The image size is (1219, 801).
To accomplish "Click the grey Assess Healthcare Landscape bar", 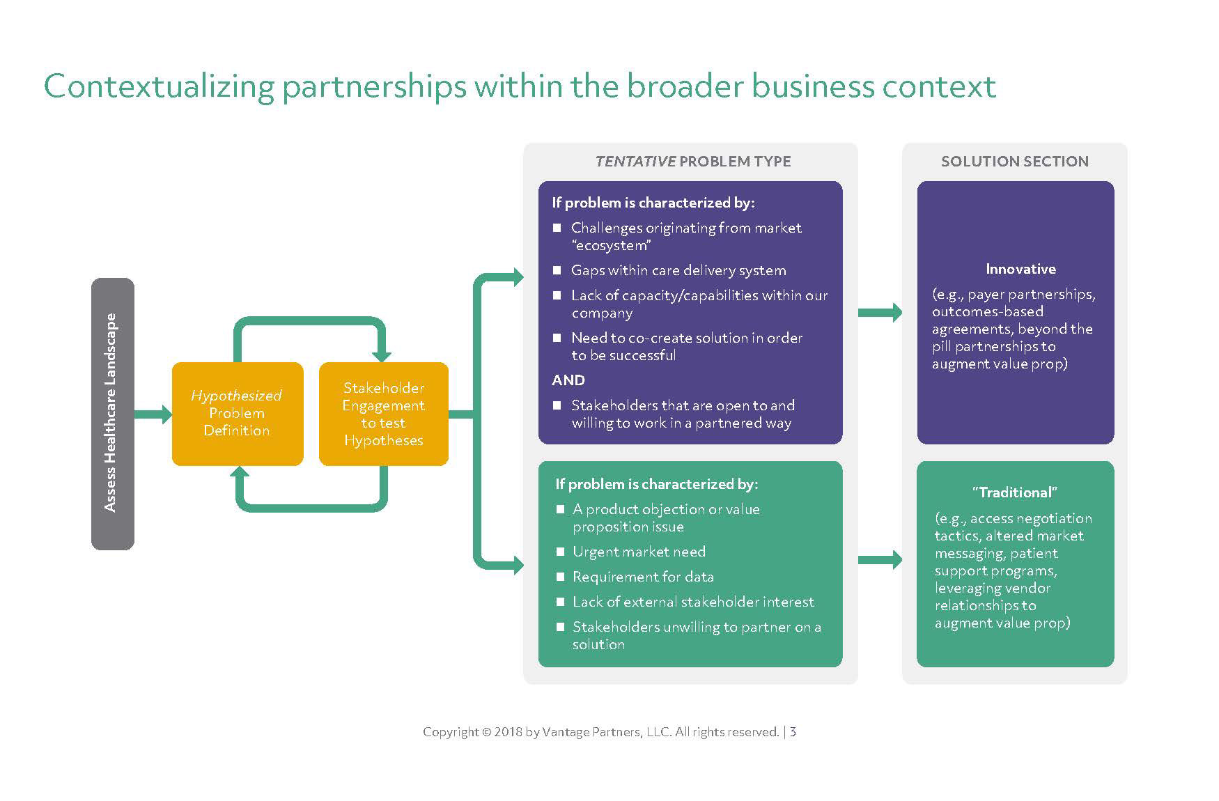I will coord(112,414).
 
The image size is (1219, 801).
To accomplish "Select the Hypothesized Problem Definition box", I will coord(237,413).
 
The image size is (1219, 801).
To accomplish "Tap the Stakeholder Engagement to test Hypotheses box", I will coord(383,414).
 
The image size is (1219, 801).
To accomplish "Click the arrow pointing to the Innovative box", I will coord(880,313).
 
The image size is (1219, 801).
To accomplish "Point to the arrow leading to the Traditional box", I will coord(880,559).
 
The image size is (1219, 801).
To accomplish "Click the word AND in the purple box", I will coord(568,380).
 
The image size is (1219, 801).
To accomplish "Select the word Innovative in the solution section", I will coord(1020,269).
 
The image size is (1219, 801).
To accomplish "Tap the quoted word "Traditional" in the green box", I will coord(1015,492).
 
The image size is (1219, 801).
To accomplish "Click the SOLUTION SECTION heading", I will coord(1014,162).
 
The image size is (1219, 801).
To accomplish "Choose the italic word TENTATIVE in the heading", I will coord(635,162).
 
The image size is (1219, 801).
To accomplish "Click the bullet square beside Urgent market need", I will coord(560,552).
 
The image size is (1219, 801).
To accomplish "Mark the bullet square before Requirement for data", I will coord(560,577).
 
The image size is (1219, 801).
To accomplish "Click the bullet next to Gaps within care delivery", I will coord(557,270).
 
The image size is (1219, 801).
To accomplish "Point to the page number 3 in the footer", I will coord(793,732).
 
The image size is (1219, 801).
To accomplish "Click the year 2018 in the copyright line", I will coord(508,732).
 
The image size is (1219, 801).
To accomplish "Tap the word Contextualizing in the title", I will coord(158,86).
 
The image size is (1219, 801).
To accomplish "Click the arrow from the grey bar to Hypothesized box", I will coord(153,414).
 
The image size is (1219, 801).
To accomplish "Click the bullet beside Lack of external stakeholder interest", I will coord(560,602).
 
